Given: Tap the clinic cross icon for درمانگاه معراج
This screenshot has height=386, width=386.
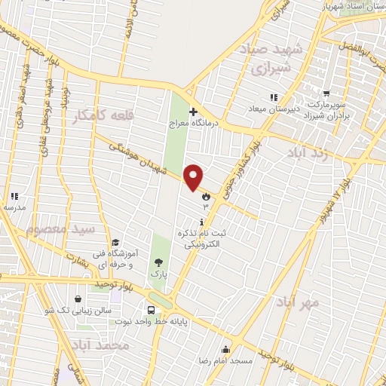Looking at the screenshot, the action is pyautogui.click(x=193, y=112).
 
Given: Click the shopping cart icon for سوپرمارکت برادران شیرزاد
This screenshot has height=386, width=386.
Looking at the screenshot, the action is pyautogui.click(x=326, y=95).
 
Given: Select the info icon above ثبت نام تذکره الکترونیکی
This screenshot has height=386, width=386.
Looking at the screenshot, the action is pyautogui.click(x=201, y=222).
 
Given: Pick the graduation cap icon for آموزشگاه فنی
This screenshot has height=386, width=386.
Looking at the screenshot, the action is pyautogui.click(x=115, y=243).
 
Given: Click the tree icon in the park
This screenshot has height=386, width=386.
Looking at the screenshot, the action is pyautogui.click(x=158, y=262).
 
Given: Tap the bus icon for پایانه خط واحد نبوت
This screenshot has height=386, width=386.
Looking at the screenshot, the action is pyautogui.click(x=152, y=309).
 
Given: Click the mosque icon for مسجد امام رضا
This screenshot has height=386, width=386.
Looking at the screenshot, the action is pyautogui.click(x=225, y=349).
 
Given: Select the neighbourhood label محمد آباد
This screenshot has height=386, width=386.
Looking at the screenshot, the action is pyautogui.click(x=100, y=345).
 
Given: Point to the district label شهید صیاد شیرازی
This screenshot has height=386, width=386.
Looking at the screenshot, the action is pyautogui.click(x=269, y=59).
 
